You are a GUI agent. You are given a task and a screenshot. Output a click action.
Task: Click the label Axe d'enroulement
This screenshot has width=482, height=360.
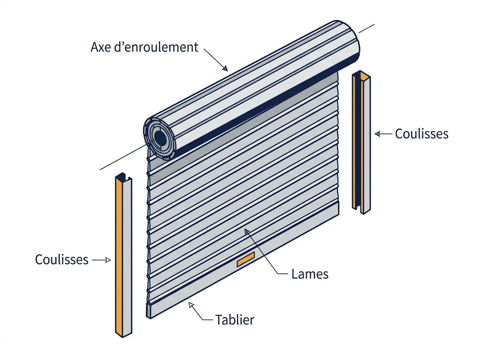tap(144, 47)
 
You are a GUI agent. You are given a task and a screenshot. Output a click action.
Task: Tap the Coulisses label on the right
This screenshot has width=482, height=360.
tap(422, 133)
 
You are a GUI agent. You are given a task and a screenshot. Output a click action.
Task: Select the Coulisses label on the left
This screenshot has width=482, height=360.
tap(62, 260)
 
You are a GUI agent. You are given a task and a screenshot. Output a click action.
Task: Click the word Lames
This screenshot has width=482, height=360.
tap(310, 274)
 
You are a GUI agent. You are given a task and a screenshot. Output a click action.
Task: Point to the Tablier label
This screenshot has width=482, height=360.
tap(235, 319)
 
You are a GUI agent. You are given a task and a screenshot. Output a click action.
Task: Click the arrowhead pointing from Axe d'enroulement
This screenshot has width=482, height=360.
tap(225, 68)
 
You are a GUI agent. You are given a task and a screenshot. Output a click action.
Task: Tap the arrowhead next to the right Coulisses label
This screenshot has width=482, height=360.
tap(378, 134)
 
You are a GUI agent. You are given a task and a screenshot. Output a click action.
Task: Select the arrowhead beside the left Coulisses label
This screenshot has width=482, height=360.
tap(108, 260)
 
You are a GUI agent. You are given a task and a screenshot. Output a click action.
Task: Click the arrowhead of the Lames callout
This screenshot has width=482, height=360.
tap(247, 231)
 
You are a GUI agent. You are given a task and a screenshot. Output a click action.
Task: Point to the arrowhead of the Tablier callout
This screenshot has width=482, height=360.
tap(191, 305)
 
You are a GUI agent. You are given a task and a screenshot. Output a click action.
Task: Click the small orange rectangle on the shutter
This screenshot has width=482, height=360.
tap(246, 259)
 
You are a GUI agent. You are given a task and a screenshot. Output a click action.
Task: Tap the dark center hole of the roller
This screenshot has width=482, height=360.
tap(161, 138)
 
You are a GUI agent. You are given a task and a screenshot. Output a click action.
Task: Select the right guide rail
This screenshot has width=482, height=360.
tap(361, 142)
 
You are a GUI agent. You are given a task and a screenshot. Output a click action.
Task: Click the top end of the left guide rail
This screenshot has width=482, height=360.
tap(123, 176)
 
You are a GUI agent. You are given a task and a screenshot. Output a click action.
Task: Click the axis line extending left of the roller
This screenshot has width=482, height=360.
tap(123, 157)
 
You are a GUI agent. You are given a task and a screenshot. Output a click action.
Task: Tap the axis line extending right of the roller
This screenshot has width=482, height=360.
tap(366, 29)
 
